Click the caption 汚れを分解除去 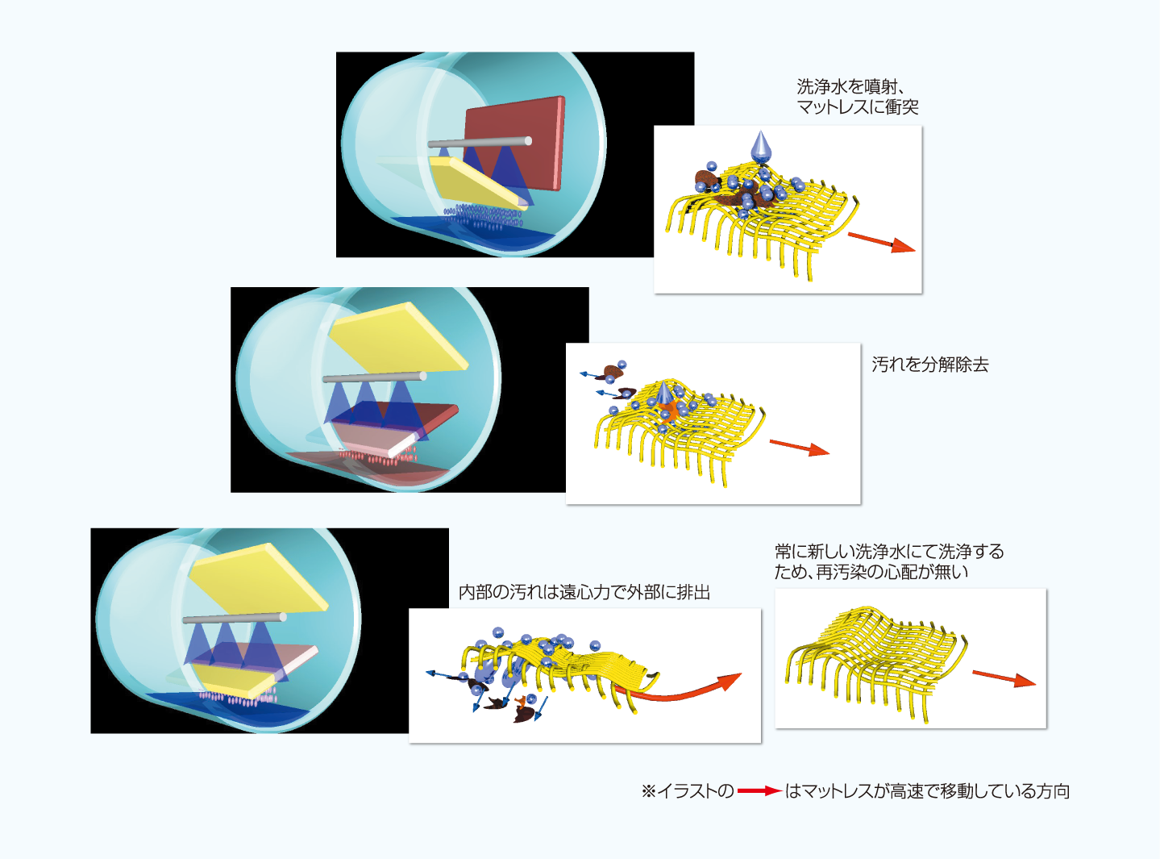[929, 365]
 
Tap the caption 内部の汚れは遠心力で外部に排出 [584, 592]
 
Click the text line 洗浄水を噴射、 [850, 86]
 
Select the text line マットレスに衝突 [858, 107]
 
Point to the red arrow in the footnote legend [759, 791]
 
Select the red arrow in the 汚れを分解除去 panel [799, 447]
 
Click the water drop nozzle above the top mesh [760, 148]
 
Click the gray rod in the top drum [479, 143]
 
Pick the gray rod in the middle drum [374, 377]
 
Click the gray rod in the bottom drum [234, 619]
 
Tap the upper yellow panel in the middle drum [397, 337]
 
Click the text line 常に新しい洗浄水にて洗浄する [889, 552]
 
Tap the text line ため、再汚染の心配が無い [871, 572]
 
